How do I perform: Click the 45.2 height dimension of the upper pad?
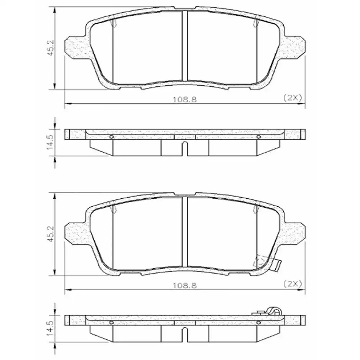[x=51, y=48]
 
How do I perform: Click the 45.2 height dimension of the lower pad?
[x=51, y=234]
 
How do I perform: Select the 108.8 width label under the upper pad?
[x=185, y=99]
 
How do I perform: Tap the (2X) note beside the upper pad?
[x=292, y=98]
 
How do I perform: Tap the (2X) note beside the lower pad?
[x=292, y=283]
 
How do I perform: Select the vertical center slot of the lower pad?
[x=184, y=232]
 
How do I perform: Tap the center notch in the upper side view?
[x=184, y=148]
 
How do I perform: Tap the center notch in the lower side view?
[x=184, y=334]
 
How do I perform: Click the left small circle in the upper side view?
[x=111, y=137]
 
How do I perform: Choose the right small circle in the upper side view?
[x=258, y=137]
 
